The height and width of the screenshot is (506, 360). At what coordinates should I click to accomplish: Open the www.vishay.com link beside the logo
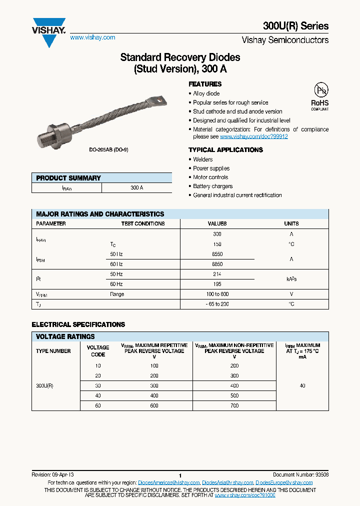pos(92,37)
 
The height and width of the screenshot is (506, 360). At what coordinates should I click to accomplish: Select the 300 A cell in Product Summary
pos(136,188)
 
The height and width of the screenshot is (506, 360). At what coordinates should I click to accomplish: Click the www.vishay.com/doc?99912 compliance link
pos(253,136)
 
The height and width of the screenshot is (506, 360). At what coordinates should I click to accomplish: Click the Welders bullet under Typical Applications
pos(202,159)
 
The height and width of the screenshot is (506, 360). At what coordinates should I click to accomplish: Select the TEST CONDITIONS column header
pos(142,224)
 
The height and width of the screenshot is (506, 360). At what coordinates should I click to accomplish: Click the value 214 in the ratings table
pos(217,274)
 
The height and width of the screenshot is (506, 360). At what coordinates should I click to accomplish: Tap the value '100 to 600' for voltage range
pos(217,294)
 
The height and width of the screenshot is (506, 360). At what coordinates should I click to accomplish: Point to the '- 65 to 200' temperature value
pos(217,304)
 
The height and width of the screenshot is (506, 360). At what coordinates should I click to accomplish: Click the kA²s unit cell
pos(291,279)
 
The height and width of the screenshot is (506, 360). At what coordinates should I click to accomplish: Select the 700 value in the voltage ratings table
pos(234,406)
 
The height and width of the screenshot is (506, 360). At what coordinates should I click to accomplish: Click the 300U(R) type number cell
pos(44,386)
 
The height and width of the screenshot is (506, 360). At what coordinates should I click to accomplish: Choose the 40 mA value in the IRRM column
pos(302,386)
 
